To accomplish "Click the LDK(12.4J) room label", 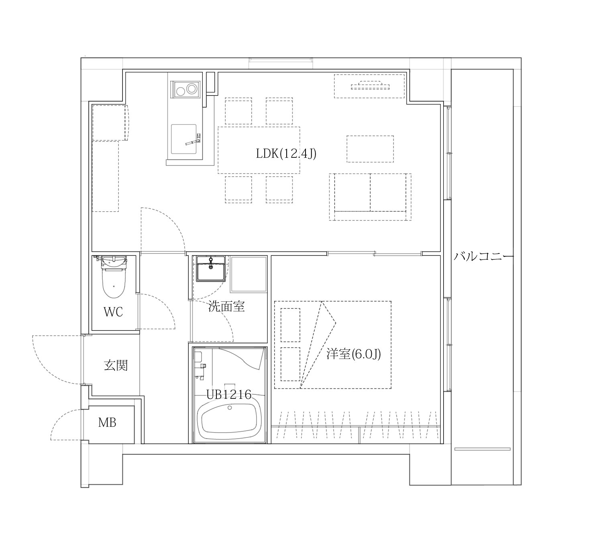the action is [x=286, y=154].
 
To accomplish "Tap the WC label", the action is [x=113, y=312].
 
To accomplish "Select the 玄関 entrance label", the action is [x=116, y=365].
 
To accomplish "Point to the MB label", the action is [x=107, y=422].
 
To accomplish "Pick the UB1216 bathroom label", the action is [x=229, y=394].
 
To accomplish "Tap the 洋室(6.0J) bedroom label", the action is [x=353, y=354].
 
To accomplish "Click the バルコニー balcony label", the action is [x=483, y=256].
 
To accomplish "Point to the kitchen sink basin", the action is [x=183, y=139].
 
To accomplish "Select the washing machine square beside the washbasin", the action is [x=248, y=274].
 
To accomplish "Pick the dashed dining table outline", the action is [x=259, y=150].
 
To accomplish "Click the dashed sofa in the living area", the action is [x=370, y=197].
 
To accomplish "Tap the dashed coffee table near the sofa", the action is [x=370, y=149].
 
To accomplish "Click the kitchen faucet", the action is [x=194, y=141].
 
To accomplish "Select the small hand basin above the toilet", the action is [x=114, y=261].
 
